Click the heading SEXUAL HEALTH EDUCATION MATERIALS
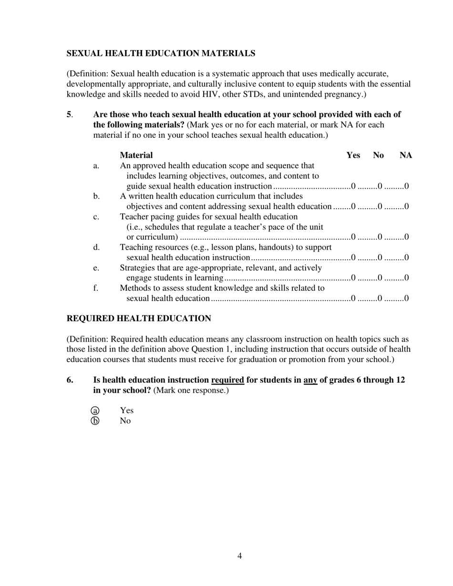[161, 53]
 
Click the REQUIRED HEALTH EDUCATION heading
[138, 318]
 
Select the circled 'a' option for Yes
[95, 411]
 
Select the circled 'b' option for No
[95, 421]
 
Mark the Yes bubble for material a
[353, 186]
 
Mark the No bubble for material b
[380, 207]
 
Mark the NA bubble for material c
[407, 237]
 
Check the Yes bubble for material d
[353, 258]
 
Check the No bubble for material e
[380, 278]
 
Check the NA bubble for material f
[407, 299]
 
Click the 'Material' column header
[136, 155]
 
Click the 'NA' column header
[406, 155]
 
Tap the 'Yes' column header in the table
[353, 155]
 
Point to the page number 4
[239, 556]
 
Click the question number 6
[70, 380]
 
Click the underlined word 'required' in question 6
[227, 380]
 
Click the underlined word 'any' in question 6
[310, 380]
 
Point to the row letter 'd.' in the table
[96, 247]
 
